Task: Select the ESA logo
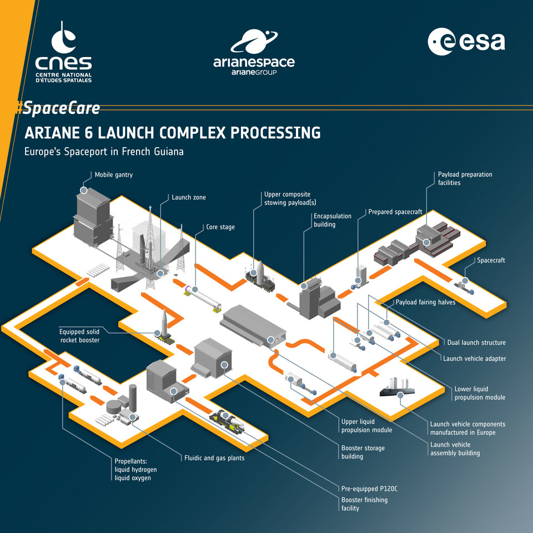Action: (x=466, y=42)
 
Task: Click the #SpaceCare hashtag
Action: (x=58, y=108)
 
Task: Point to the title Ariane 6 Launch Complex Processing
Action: (x=173, y=133)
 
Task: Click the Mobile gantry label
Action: (x=113, y=174)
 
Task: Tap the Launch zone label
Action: (x=188, y=197)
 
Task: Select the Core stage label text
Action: (x=220, y=227)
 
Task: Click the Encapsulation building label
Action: (x=333, y=220)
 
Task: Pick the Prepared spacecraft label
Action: (x=395, y=212)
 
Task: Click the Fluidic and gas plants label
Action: (x=214, y=458)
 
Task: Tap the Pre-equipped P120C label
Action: (x=369, y=489)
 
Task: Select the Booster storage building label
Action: (x=363, y=452)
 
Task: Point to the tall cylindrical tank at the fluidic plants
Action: (x=133, y=398)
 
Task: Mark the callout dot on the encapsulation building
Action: (x=304, y=285)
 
